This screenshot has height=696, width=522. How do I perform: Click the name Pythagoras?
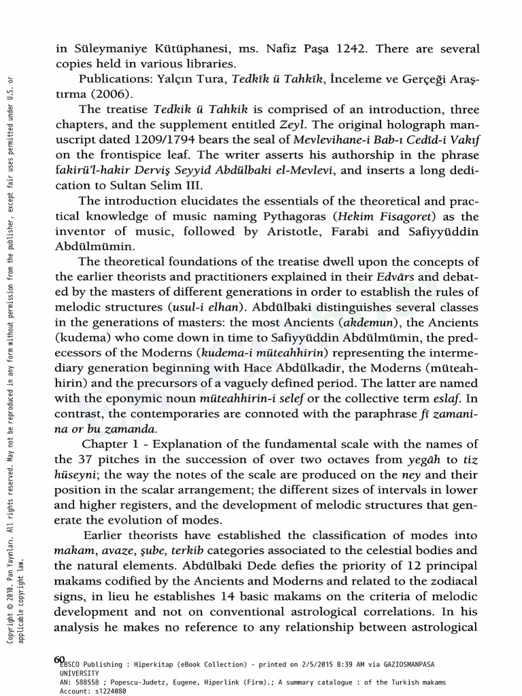point(275,216)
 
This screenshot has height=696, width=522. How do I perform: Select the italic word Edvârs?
point(397,277)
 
